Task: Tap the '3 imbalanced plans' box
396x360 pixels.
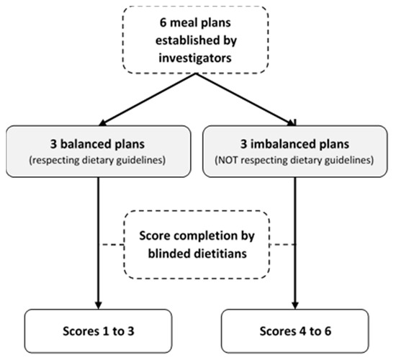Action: pos(295,150)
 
